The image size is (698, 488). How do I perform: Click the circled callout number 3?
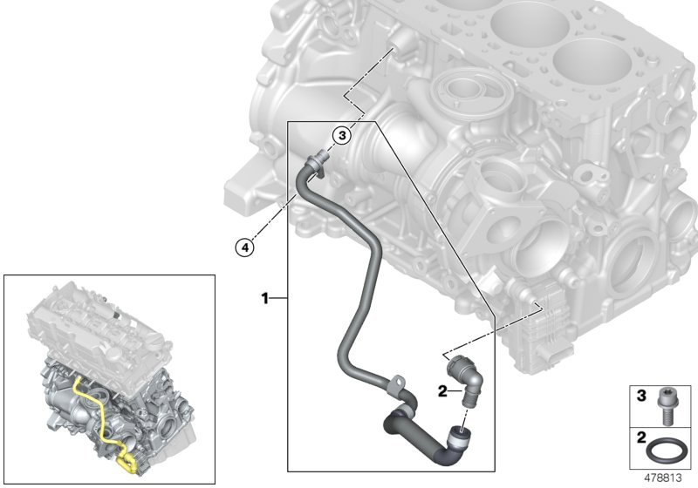coord(343,135)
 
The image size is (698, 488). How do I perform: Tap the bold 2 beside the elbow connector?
coord(442,392)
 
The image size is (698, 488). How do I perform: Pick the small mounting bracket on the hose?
coord(397,382)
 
